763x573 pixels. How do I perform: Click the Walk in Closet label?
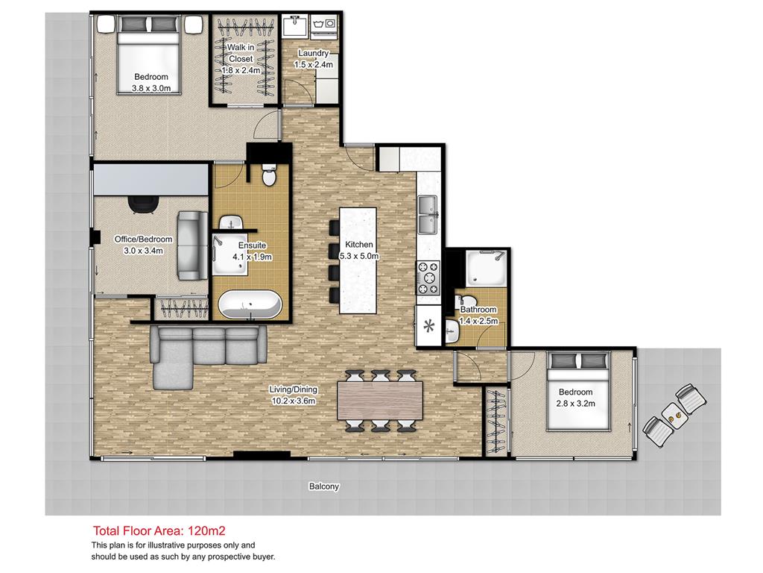(241, 53)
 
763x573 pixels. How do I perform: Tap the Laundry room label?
(314, 53)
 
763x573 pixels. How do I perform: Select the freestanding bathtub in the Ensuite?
(250, 304)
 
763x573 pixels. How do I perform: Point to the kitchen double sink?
(428, 214)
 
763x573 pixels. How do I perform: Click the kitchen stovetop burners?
(429, 277)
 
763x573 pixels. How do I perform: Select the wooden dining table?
(380, 401)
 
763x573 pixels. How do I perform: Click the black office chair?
(143, 204)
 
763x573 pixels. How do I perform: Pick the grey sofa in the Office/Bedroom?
(191, 245)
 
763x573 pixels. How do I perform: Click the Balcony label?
(324, 486)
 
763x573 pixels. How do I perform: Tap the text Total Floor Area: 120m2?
(148, 531)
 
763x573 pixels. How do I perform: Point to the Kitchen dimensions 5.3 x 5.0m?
(359, 256)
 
